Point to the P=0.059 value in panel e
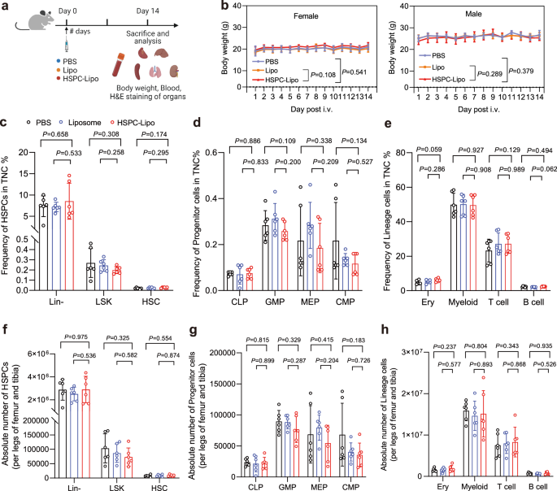click(431, 150)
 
